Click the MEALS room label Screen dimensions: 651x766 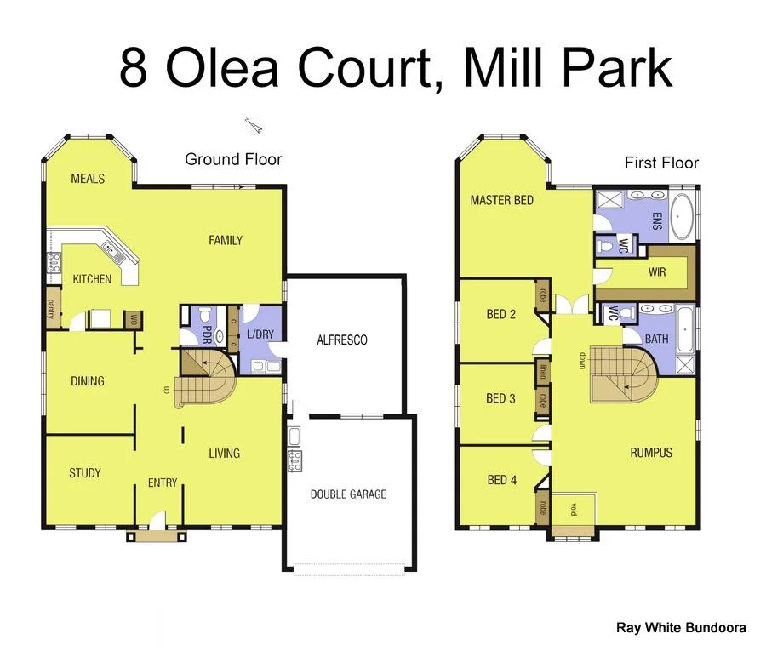point(88,179)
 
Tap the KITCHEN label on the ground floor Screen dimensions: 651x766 point(92,279)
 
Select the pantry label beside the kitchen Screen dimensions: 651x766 point(52,306)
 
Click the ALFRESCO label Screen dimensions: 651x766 point(341,340)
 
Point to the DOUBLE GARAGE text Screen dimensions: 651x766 point(348,494)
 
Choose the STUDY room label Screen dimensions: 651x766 point(85,473)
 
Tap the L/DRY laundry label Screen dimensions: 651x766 point(260,334)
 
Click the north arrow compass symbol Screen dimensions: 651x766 point(253,126)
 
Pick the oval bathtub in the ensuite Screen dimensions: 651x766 point(681,217)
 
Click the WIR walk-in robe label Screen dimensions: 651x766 point(656,272)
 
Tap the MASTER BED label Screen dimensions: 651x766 point(502,200)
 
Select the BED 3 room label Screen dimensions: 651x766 point(500,398)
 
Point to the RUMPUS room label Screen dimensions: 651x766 point(651,453)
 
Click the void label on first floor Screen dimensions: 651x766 point(574,510)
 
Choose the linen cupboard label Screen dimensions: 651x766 point(543,372)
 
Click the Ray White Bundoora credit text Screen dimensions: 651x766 point(681,628)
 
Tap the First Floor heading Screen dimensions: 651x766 point(661,163)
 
